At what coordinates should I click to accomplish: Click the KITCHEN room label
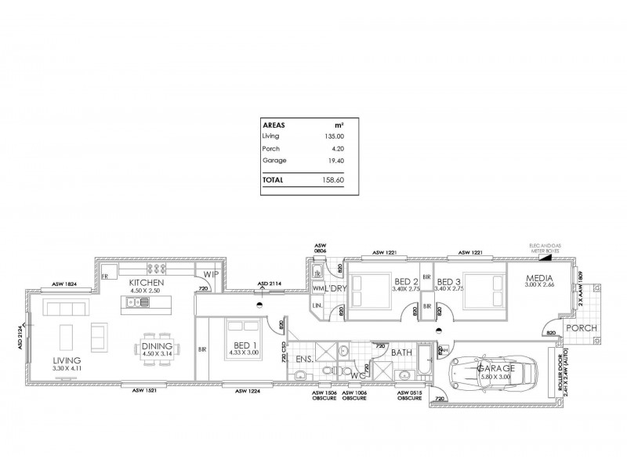(x=147, y=281)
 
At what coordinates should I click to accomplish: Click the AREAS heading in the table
(x=274, y=124)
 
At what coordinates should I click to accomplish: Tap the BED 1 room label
(x=245, y=345)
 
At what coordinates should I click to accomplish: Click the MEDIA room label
(x=540, y=279)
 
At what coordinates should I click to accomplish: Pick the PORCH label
(x=582, y=328)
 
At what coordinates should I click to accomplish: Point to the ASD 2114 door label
(x=271, y=284)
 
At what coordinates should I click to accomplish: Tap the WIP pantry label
(x=210, y=275)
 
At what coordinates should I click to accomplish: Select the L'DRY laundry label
(x=335, y=289)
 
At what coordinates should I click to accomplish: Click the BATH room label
(x=402, y=353)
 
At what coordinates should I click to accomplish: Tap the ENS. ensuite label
(x=304, y=360)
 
